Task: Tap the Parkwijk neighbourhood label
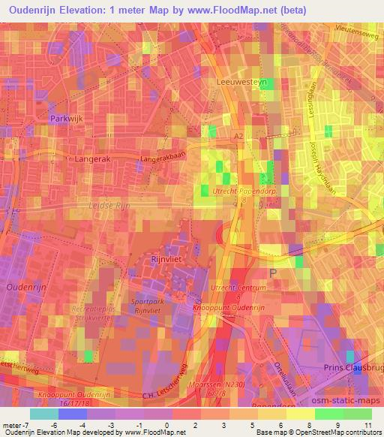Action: coord(65,119)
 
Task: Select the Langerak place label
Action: coord(92,159)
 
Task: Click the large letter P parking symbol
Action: coord(273,273)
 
